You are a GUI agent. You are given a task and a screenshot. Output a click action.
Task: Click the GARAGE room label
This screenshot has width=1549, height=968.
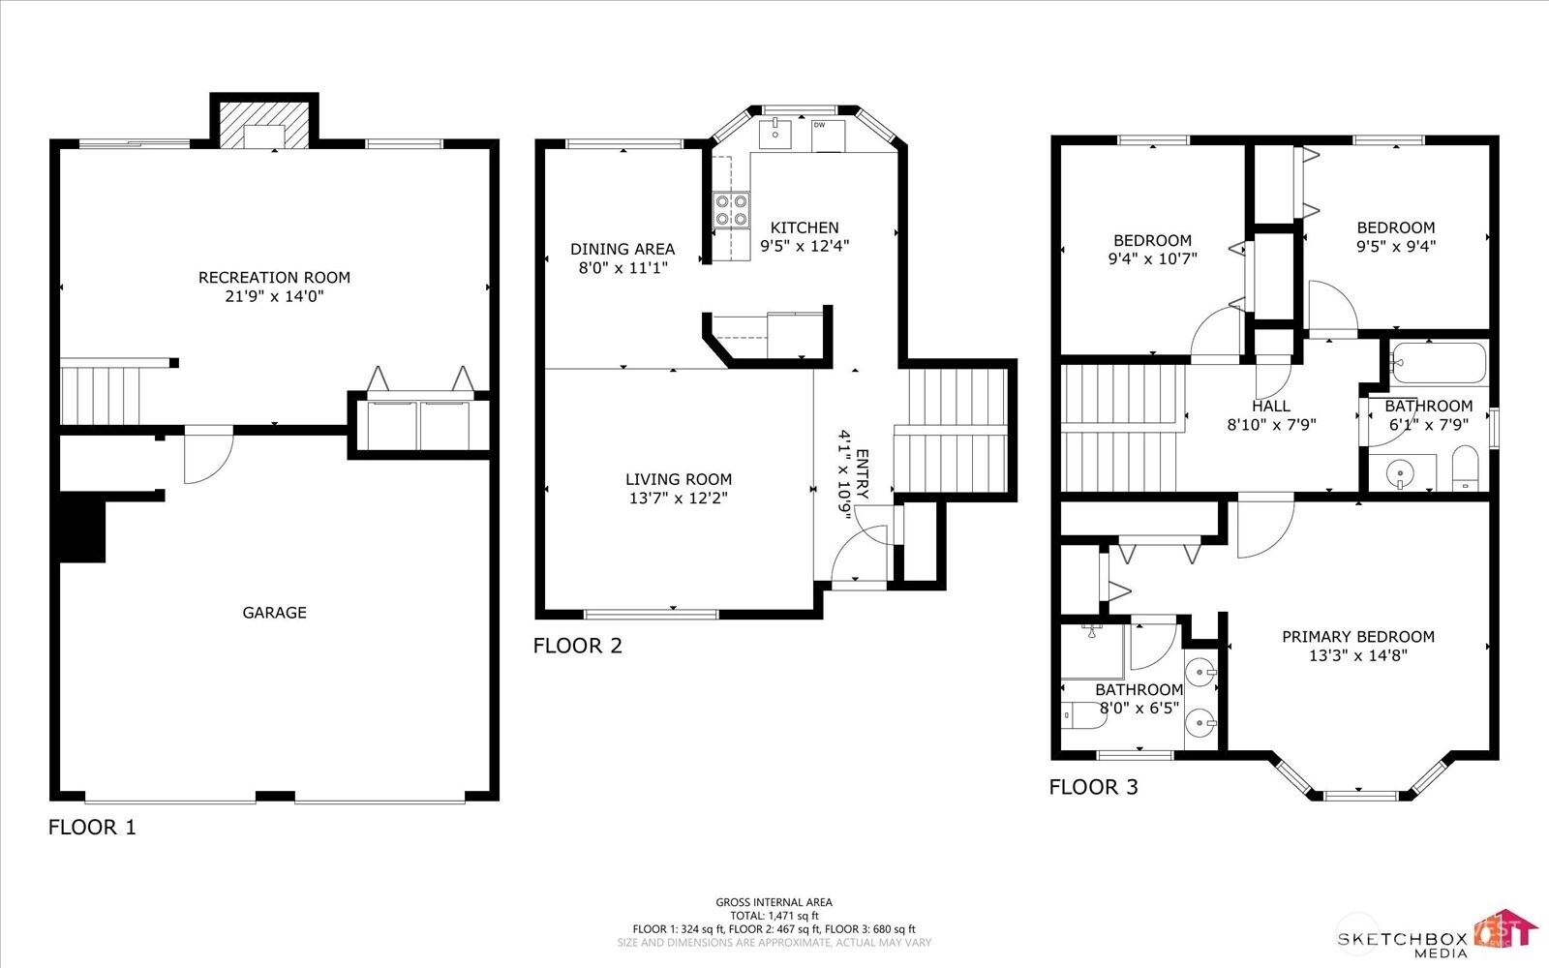pyautogui.click(x=274, y=612)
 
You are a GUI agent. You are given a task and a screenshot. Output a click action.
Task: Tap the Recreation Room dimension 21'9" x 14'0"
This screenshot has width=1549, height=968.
pyautogui.click(x=275, y=296)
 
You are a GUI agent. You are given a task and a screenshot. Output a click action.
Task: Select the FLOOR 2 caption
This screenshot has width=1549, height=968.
pyautogui.click(x=577, y=646)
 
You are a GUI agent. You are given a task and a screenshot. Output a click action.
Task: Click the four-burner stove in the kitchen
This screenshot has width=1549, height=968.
pyautogui.click(x=731, y=209)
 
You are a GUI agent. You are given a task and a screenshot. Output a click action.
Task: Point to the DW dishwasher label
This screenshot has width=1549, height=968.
pyautogui.click(x=819, y=125)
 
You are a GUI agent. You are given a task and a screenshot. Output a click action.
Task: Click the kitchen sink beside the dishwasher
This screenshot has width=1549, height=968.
pyautogui.click(x=775, y=135)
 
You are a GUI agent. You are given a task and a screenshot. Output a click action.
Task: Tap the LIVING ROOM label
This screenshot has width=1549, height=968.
pyautogui.click(x=679, y=479)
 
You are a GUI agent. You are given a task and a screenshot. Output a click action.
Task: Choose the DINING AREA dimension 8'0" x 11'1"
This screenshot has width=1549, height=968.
pyautogui.click(x=623, y=267)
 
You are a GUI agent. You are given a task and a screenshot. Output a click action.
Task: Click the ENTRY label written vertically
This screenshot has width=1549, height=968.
pyautogui.click(x=863, y=474)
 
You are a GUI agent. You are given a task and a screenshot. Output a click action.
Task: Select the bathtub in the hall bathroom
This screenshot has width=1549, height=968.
pyautogui.click(x=1439, y=362)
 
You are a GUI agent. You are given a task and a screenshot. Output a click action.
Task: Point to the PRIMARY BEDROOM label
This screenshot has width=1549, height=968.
pyautogui.click(x=1358, y=637)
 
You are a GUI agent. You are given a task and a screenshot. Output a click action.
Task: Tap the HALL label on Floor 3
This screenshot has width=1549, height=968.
pyautogui.click(x=1271, y=406)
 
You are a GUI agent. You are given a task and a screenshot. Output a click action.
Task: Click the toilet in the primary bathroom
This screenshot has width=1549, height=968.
pyautogui.click(x=1083, y=715)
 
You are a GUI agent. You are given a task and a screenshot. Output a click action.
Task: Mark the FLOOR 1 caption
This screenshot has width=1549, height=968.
pyautogui.click(x=92, y=827)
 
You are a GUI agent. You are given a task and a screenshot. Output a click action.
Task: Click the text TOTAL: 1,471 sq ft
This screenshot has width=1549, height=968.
pyautogui.click(x=774, y=916)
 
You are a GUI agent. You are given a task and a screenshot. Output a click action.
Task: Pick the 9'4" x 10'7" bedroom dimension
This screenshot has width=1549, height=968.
pyautogui.click(x=1153, y=258)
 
